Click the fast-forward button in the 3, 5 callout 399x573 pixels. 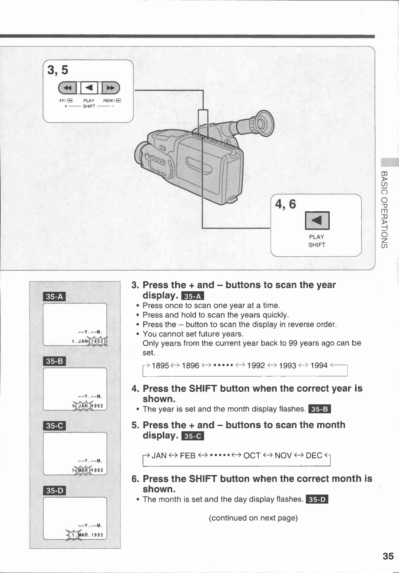click(x=67, y=88)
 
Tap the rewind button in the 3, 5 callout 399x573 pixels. click(x=110, y=88)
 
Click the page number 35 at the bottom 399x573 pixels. click(x=388, y=556)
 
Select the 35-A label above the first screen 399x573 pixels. click(x=55, y=297)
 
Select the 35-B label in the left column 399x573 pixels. click(x=55, y=361)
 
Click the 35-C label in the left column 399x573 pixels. click(x=55, y=426)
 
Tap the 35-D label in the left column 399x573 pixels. click(x=55, y=491)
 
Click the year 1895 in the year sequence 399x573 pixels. click(x=160, y=366)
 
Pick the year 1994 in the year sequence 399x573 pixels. click(x=319, y=366)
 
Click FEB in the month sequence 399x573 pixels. click(x=188, y=455)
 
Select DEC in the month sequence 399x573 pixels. click(x=314, y=455)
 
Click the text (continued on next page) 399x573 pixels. click(x=253, y=518)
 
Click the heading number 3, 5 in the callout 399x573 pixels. click(x=58, y=70)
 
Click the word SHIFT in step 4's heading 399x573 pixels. click(x=203, y=389)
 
